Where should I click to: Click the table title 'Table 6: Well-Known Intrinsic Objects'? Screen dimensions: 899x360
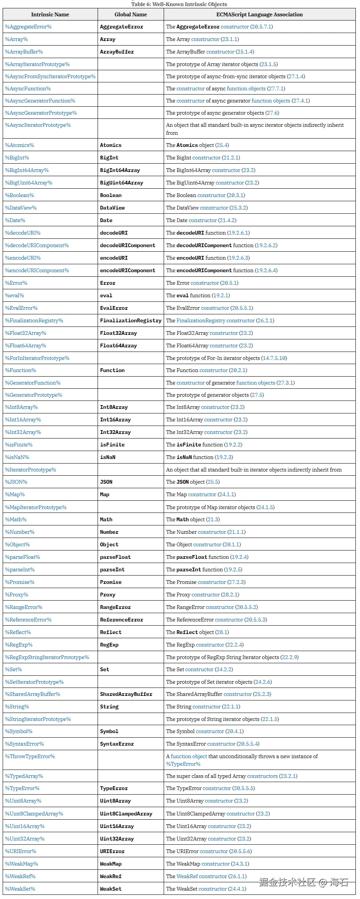coord(179,4)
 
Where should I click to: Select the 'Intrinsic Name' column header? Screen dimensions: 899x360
coord(50,14)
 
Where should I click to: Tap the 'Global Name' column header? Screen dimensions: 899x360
coord(131,14)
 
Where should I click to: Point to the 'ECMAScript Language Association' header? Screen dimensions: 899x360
coord(259,14)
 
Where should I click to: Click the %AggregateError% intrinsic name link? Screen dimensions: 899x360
coord(28,27)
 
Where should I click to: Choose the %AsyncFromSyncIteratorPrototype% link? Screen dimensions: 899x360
coord(50,76)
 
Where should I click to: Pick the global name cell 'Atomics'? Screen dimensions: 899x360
coord(111,145)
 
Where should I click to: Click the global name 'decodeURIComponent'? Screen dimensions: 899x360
coord(127,245)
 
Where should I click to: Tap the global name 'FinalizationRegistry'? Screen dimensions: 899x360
coord(131,320)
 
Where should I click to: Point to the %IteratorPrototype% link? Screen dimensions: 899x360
coord(30,470)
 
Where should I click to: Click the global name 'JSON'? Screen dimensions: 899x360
coord(106,482)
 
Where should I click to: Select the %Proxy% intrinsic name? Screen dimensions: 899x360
coord(16,595)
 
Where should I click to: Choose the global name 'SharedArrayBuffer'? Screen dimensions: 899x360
coord(126,694)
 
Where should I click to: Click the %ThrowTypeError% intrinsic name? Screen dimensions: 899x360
coord(30,756)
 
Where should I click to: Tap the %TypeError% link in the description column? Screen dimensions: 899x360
coord(183,764)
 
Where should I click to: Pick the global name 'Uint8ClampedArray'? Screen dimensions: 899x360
coord(126,814)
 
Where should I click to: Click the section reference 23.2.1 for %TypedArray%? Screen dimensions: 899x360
coord(288,776)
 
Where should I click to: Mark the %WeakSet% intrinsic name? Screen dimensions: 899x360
coord(20,889)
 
